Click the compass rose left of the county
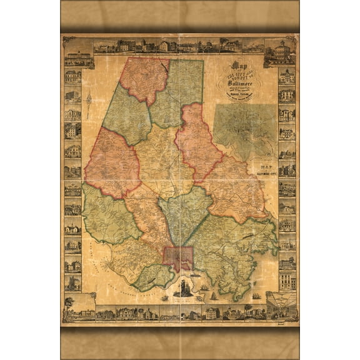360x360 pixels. point(89,100)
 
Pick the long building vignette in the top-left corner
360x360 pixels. point(77,56)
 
